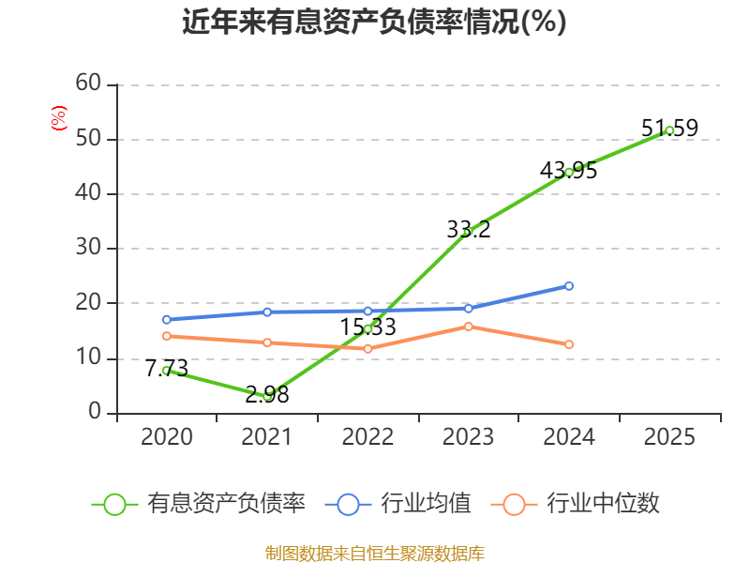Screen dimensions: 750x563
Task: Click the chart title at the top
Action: coord(374,22)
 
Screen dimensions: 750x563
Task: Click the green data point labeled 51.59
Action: coord(669,130)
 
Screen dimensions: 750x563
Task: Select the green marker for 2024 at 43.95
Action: coord(569,173)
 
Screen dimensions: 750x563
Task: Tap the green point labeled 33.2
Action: coord(468,231)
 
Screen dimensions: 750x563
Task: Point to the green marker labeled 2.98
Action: coord(267,396)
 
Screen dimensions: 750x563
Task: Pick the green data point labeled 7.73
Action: coord(167,371)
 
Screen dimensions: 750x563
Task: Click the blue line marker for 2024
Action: coord(569,286)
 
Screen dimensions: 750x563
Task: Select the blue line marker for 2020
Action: coord(167,320)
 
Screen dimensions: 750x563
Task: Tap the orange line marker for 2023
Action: coord(468,327)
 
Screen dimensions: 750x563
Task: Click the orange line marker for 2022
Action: coord(367,349)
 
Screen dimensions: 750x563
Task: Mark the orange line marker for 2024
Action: coord(569,344)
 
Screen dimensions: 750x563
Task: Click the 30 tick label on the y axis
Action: coord(88,248)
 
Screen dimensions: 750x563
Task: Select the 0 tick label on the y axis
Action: coord(95,411)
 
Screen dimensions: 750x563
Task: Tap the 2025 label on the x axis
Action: coord(669,436)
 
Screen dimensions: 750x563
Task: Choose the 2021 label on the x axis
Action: coord(266,436)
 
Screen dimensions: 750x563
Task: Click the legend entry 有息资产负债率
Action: coord(198,504)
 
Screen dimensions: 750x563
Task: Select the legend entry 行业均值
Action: coord(397,504)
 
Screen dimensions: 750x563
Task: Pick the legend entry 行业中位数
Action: coord(576,504)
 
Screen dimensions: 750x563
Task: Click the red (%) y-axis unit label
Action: coord(59,118)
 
